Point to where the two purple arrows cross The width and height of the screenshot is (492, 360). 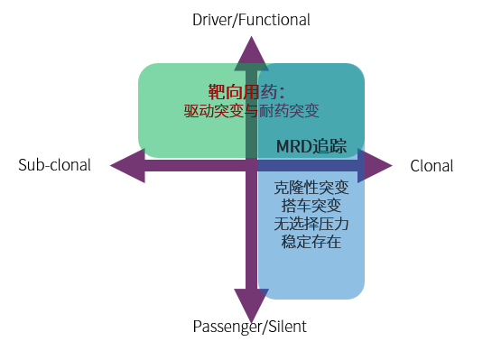[x=251, y=166]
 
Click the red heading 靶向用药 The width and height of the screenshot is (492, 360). [x=246, y=92]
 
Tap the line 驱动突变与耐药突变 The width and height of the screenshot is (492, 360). [x=252, y=111]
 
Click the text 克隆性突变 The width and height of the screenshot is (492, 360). [x=311, y=189]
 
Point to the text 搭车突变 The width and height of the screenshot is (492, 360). [x=311, y=207]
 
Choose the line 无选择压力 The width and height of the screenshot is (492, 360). [x=311, y=224]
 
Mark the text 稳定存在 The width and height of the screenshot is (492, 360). [x=311, y=242]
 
